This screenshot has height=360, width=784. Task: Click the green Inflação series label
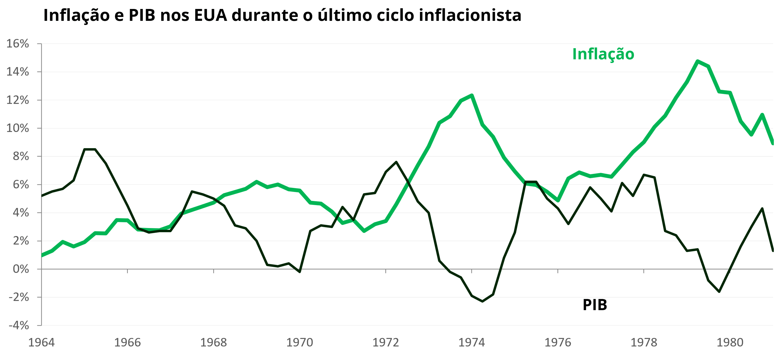[603, 54]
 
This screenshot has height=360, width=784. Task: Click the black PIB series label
[595, 305]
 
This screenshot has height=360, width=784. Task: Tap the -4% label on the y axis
[18, 326]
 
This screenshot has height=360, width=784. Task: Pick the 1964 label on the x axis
[42, 343]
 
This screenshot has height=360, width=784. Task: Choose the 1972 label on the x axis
[386, 343]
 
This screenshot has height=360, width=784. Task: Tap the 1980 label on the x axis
[730, 343]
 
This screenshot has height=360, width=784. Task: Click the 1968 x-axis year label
[214, 343]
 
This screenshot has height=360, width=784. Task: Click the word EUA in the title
[211, 15]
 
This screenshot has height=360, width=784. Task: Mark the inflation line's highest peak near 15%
[698, 61]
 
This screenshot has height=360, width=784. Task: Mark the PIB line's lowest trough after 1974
[482, 301]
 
